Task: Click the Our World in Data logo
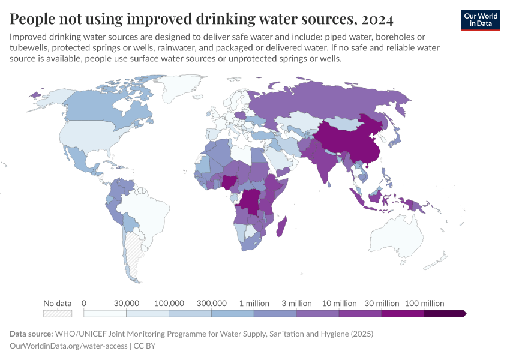click(481, 20)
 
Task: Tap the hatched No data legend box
click(58, 313)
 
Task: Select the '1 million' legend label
click(254, 303)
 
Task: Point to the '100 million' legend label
click(424, 303)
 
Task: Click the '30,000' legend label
click(127, 303)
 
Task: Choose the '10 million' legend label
click(339, 303)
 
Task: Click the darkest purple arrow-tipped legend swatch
click(445, 313)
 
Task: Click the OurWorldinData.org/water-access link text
click(68, 346)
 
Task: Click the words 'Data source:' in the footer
click(31, 334)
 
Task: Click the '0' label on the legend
click(84, 303)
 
